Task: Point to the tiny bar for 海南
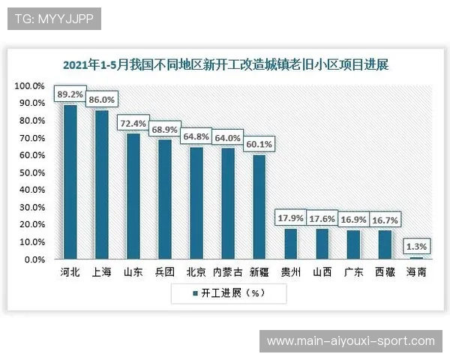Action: pyautogui.click(x=416, y=258)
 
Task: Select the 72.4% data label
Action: pyautogui.click(x=133, y=122)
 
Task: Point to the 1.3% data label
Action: pyautogui.click(x=416, y=245)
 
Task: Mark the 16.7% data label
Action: pyautogui.click(x=385, y=220)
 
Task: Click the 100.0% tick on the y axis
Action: pyautogui.click(x=30, y=86)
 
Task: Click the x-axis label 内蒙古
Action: pyautogui.click(x=227, y=272)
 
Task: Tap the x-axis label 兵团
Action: pyautogui.click(x=164, y=272)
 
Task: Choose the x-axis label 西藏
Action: pyautogui.click(x=385, y=272)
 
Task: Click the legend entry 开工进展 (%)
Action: pyautogui.click(x=229, y=293)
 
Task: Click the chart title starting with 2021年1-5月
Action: pyautogui.click(x=225, y=65)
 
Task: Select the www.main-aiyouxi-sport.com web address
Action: pyautogui.click(x=350, y=341)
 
